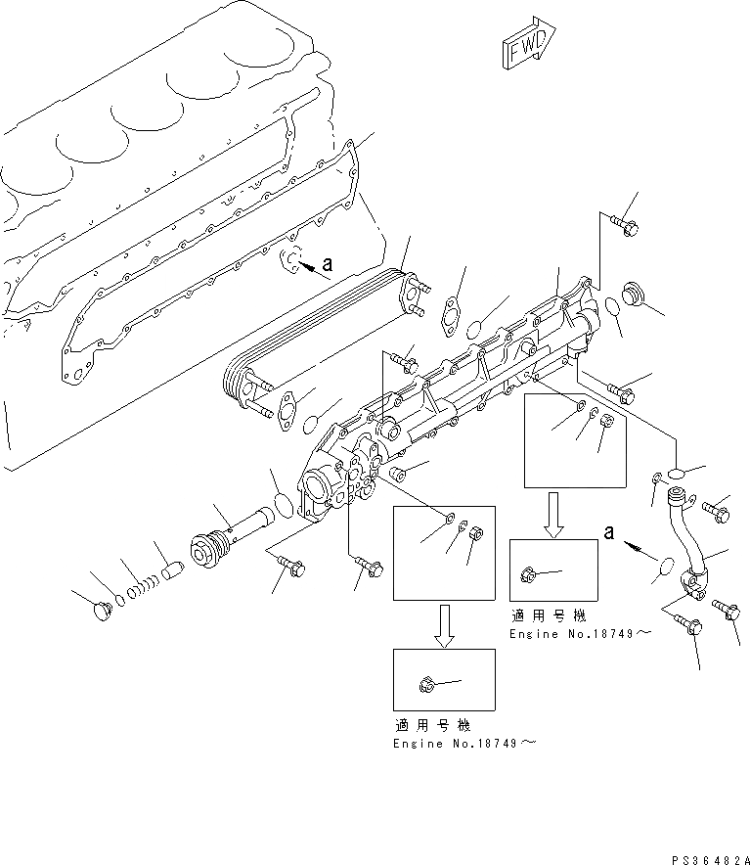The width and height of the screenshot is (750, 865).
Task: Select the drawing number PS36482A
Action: pyautogui.click(x=710, y=858)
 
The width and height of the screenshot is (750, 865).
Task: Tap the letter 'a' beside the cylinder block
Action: pyautogui.click(x=327, y=263)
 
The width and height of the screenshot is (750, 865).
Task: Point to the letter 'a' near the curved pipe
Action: pyautogui.click(x=609, y=532)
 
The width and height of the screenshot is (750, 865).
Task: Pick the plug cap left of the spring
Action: pyautogui.click(x=100, y=612)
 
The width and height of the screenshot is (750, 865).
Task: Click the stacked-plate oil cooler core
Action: pyautogui.click(x=323, y=333)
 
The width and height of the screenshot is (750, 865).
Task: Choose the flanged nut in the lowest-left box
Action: pyautogui.click(x=427, y=682)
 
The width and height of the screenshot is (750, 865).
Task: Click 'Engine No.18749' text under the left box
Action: pyautogui.click(x=464, y=744)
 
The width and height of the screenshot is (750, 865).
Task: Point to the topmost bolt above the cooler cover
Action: pyautogui.click(x=627, y=224)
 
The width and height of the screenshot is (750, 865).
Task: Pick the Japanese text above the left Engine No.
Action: pyautogui.click(x=433, y=726)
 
